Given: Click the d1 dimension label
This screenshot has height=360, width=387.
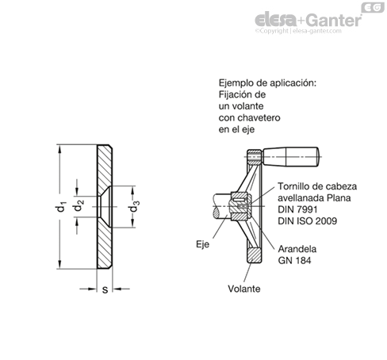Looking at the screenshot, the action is [61, 207].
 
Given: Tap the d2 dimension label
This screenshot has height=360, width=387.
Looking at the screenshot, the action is [79, 206].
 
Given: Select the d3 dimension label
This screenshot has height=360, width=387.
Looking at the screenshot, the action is [134, 206].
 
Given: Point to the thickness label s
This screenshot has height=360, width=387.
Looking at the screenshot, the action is [105, 290].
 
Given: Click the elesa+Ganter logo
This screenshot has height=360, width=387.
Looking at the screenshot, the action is [308, 20].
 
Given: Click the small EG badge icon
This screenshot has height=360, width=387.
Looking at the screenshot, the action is [373, 7].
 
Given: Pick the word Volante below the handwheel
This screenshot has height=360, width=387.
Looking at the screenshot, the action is [244, 289].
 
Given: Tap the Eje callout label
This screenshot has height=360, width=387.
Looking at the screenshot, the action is [202, 244].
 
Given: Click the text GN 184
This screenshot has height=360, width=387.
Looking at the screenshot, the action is [294, 261].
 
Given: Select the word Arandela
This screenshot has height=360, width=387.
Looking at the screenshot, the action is [297, 249].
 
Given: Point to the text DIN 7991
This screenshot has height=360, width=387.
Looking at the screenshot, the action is [297, 209].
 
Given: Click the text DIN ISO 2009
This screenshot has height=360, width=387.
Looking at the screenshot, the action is [308, 221].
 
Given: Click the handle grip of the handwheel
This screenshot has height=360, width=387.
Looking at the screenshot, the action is [290, 157].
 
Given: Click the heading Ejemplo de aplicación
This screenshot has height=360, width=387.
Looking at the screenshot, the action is [267, 83].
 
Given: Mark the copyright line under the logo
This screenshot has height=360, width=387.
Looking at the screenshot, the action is [298, 31].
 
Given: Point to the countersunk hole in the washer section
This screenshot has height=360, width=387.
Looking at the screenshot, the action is [105, 206].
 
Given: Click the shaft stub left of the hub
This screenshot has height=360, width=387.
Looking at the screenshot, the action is [222, 206].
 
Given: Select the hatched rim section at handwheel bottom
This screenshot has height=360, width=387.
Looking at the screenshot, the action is [255, 255].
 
